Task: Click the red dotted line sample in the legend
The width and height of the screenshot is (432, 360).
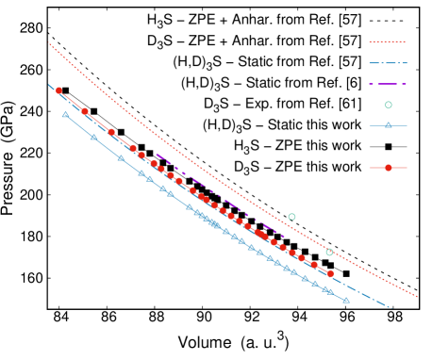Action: [x=388, y=41]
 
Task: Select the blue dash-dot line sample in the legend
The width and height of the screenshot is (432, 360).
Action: [x=388, y=63]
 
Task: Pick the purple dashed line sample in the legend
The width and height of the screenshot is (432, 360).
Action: [x=388, y=84]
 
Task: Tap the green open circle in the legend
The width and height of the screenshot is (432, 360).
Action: [x=388, y=105]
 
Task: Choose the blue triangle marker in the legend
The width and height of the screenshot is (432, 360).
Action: [x=388, y=125]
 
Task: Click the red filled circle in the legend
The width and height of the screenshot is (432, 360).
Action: [x=388, y=168]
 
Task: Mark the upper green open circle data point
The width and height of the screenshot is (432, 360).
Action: [x=291, y=217]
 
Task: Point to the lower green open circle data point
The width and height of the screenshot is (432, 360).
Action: [x=329, y=252]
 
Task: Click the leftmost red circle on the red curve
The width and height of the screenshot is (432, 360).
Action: [x=58, y=90]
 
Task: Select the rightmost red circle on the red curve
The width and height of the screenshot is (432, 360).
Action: [x=330, y=273]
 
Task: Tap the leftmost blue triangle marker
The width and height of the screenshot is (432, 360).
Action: [x=65, y=115]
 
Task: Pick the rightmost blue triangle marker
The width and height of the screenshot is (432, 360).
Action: [x=346, y=301]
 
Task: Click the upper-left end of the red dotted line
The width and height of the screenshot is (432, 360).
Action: [x=48, y=42]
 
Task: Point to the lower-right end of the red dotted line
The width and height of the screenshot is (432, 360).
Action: [x=417, y=296]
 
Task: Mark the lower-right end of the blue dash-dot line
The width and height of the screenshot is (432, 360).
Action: [x=391, y=308]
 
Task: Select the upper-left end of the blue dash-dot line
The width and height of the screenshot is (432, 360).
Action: [x=49, y=85]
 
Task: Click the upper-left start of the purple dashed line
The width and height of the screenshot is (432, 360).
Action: [x=157, y=155]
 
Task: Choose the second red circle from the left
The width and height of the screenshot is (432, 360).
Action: [x=85, y=111]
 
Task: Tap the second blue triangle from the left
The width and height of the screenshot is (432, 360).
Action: [x=93, y=138]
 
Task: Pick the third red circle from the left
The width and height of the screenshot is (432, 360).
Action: [x=111, y=132]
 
